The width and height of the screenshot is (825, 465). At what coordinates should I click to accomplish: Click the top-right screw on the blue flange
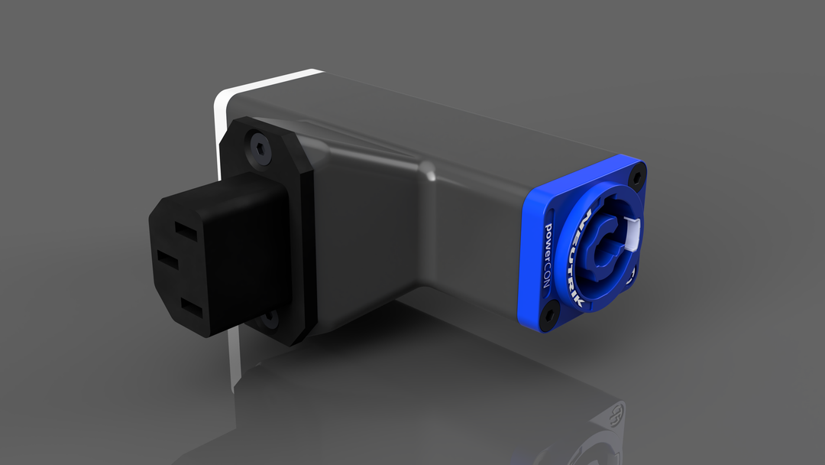tap(638, 178)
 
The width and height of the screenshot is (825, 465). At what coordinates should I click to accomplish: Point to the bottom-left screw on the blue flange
tap(548, 314)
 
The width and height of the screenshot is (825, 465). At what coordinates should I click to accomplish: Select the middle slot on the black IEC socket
tap(168, 259)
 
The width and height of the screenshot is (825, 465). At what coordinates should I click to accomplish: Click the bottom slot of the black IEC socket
tap(191, 307)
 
